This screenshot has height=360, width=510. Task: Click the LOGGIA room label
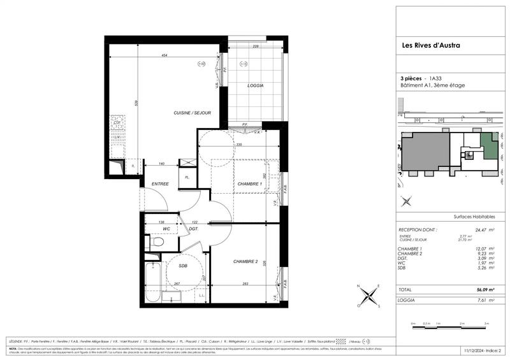coord(255,85)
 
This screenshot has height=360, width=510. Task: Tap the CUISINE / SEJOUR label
coord(192,113)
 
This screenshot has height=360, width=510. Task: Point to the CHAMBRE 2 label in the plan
coord(245,262)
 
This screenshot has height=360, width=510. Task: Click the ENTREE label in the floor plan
coord(159,184)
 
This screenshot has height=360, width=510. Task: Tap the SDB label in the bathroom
coord(182,266)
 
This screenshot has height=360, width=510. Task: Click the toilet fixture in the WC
coord(156,242)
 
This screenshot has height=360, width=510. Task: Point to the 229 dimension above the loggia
coord(255,47)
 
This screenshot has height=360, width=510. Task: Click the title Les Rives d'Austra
coord(430,45)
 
